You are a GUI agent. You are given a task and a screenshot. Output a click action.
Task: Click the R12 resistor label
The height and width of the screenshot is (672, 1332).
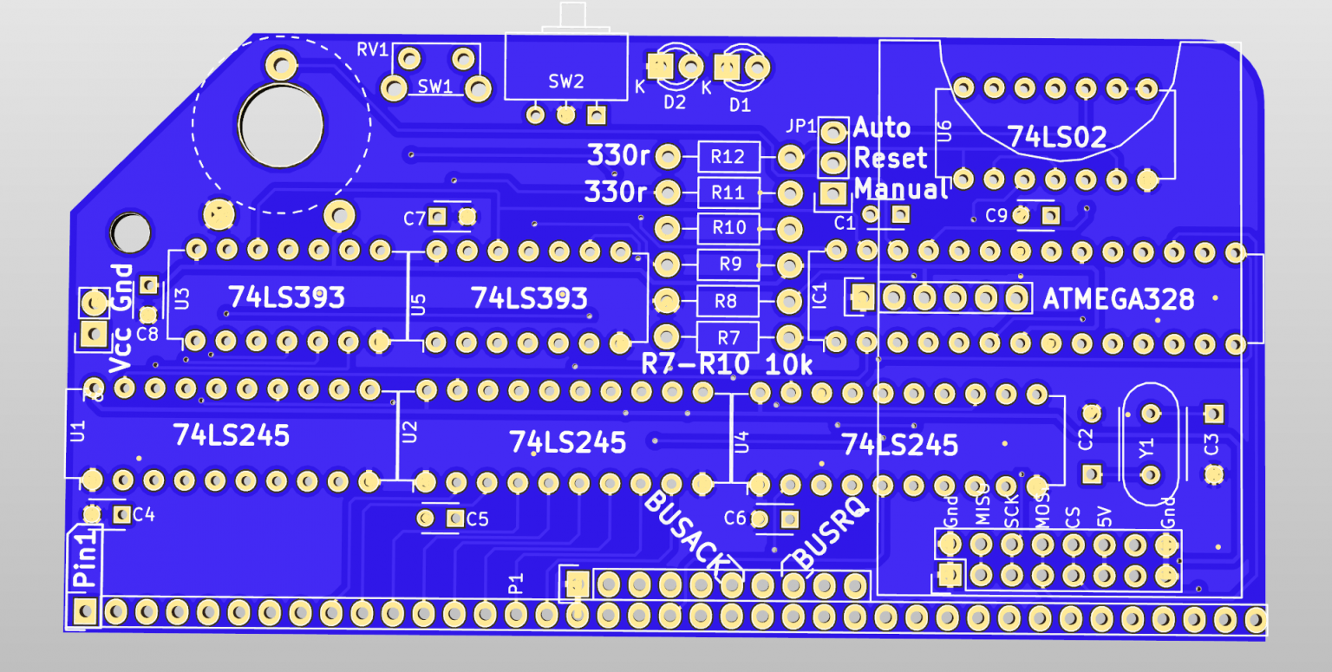tap(728, 158)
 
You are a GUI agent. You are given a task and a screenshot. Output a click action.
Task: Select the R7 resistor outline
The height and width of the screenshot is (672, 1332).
tap(728, 336)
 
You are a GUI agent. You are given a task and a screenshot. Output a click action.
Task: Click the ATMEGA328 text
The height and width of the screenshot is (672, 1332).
tap(1118, 300)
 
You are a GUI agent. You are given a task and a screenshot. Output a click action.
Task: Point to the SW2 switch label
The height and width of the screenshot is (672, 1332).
tap(566, 82)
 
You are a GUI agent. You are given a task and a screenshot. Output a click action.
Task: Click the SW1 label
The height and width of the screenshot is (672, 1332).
tap(435, 87)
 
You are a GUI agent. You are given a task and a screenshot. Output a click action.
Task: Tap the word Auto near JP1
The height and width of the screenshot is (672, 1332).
tap(882, 128)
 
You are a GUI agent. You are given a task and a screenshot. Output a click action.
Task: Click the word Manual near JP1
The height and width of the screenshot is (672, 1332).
tap(902, 189)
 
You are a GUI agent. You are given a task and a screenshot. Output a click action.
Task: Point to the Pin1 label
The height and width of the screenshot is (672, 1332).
tap(84, 563)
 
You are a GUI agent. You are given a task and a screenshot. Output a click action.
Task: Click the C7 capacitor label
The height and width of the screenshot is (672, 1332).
tap(414, 219)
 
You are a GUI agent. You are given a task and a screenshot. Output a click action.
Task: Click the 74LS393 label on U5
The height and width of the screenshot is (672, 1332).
tap(529, 299)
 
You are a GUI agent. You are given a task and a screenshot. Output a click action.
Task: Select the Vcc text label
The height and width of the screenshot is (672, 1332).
tap(121, 351)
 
